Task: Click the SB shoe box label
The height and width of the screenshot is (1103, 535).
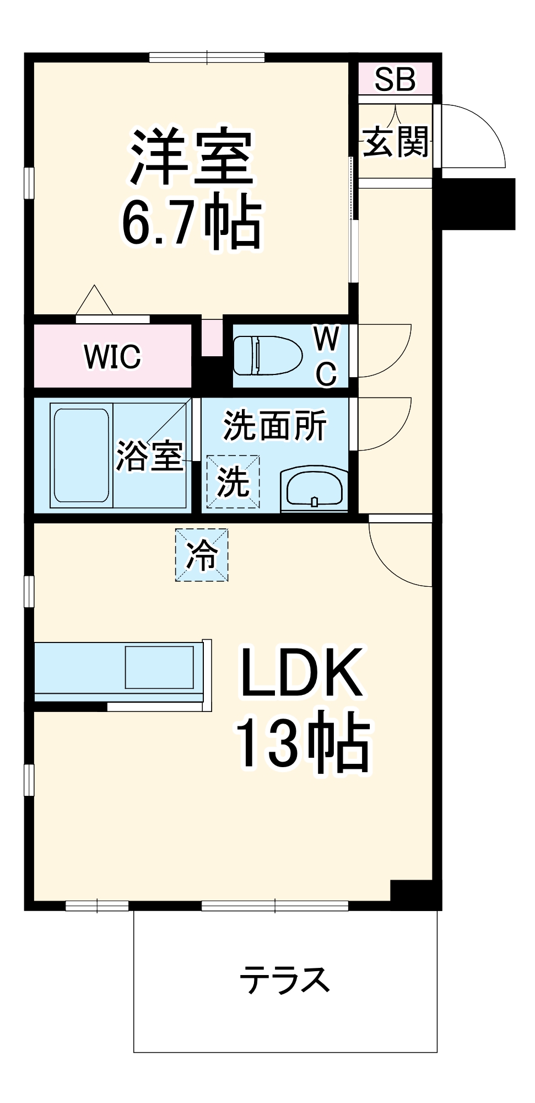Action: [395, 79]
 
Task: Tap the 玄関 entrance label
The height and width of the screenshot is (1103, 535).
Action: [396, 142]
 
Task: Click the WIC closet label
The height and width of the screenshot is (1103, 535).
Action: [112, 357]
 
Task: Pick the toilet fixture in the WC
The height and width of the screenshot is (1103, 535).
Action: [268, 356]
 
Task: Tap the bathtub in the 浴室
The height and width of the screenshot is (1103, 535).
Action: [81, 455]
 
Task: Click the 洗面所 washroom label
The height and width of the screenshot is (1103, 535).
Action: [274, 425]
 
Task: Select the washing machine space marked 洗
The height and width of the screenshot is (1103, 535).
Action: [233, 481]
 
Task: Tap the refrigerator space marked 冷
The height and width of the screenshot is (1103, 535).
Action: [202, 555]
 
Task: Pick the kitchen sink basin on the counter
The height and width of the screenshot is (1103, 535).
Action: [159, 667]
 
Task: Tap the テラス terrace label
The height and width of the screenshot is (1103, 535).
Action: [285, 979]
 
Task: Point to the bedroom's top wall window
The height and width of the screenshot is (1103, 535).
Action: [207, 57]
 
